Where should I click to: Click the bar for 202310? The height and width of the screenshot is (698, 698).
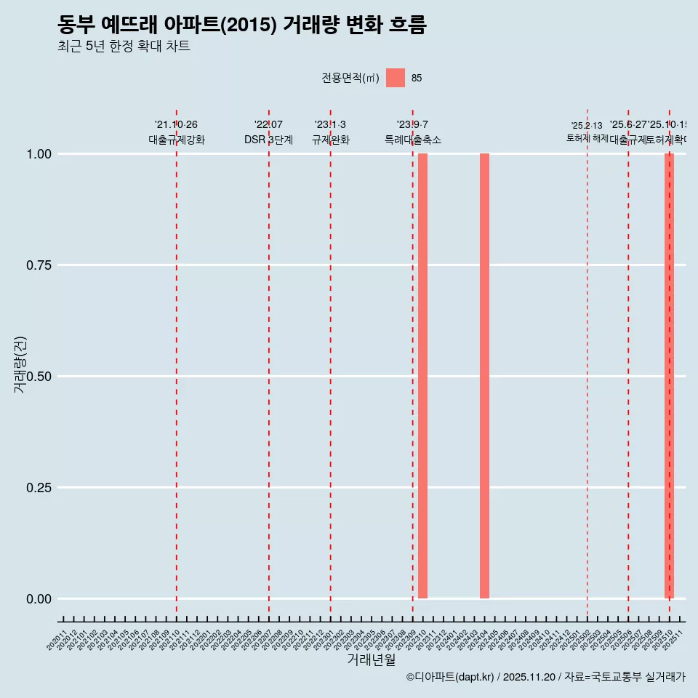pyautogui.click(x=422, y=376)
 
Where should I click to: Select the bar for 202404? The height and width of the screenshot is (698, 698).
pyautogui.click(x=484, y=376)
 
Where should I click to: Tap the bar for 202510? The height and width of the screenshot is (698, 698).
pyautogui.click(x=669, y=376)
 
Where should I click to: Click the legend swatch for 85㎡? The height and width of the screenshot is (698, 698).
pyautogui.click(x=396, y=78)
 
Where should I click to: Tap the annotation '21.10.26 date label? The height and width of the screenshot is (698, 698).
pyautogui.click(x=176, y=125)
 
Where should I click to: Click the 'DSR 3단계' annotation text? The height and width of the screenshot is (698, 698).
pyautogui.click(x=268, y=140)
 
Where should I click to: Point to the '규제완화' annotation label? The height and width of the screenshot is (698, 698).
pyautogui.click(x=330, y=140)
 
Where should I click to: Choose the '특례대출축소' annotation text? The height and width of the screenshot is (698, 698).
pyautogui.click(x=413, y=140)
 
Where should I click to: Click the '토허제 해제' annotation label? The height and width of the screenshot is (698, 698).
pyautogui.click(x=587, y=138)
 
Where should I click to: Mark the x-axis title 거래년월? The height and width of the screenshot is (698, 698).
pyautogui.click(x=372, y=660)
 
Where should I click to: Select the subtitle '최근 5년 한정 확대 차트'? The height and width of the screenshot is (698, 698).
pyautogui.click(x=123, y=47)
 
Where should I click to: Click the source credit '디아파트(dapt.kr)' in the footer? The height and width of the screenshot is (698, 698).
pyautogui.click(x=451, y=677)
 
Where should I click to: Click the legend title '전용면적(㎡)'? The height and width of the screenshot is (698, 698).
pyautogui.click(x=350, y=78)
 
